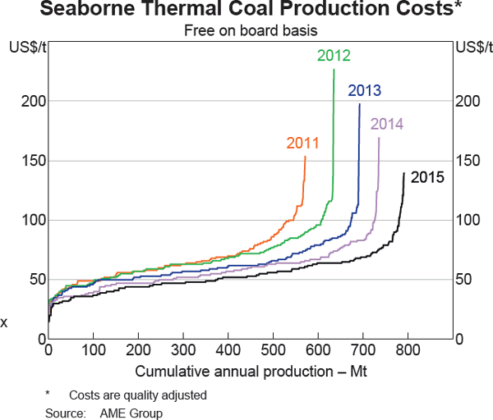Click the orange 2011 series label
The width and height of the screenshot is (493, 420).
302,143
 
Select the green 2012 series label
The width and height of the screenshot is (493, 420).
334,56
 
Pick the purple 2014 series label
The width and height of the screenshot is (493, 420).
386,125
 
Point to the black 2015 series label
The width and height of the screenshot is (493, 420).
426,176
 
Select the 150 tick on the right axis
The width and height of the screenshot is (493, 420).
466,160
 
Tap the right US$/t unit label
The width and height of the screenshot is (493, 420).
471,46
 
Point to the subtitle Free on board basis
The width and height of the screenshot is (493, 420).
247,30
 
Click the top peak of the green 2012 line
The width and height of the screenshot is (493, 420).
334,70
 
